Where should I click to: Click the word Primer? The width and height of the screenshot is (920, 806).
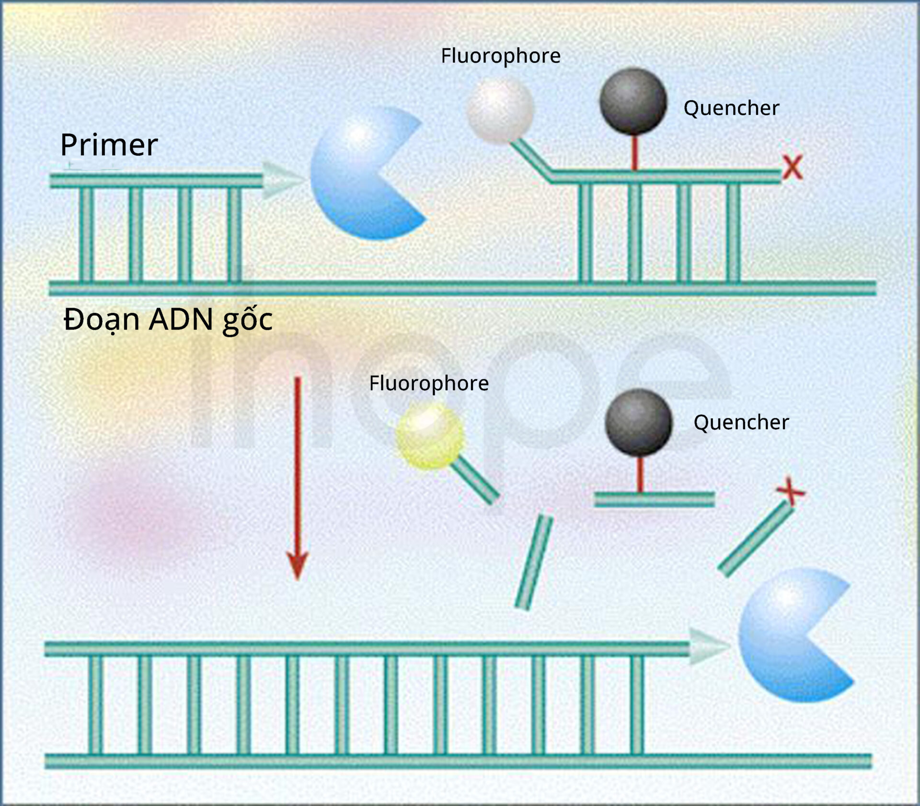point(109,145)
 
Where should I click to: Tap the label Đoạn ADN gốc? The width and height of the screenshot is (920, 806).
point(168,320)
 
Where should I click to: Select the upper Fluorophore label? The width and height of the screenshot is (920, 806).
point(501,56)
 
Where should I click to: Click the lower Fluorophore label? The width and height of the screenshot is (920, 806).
point(429,384)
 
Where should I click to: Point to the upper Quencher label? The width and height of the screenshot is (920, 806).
point(731,108)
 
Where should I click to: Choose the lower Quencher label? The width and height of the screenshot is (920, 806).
point(741,422)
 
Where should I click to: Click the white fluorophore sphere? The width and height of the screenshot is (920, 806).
point(500,111)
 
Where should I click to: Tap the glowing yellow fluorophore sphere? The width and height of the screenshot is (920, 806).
point(429,436)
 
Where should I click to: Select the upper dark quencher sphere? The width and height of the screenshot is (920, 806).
point(633,101)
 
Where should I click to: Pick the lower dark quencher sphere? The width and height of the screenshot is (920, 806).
point(639,422)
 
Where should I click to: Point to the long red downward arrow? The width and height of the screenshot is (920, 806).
point(298,478)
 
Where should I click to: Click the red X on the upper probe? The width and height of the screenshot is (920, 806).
point(793,168)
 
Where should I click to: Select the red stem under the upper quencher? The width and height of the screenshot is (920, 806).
point(634,153)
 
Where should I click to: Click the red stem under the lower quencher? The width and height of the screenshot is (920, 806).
point(640,474)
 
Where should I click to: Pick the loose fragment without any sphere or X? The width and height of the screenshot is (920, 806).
point(534,563)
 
